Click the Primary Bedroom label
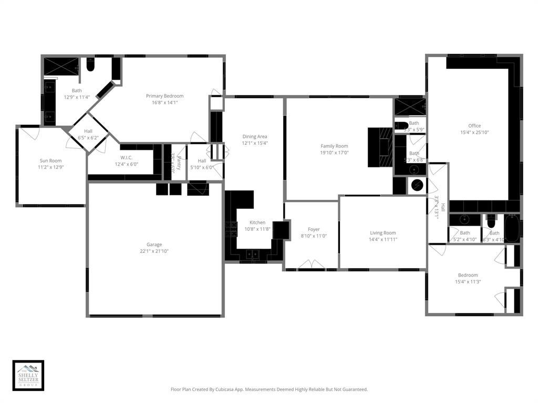[164, 96]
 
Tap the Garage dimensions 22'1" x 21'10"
[154, 251]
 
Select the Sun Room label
[50, 161]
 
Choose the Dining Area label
[255, 136]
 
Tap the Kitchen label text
[257, 222]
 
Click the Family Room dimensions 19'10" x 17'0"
[335, 153]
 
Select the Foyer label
[314, 229]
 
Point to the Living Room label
[383, 232]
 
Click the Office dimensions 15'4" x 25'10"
[474, 133]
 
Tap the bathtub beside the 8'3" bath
[511, 228]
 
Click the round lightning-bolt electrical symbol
[417, 185]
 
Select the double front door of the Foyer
[311, 264]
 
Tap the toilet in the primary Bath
[90, 65]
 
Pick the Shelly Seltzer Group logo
[28, 375]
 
